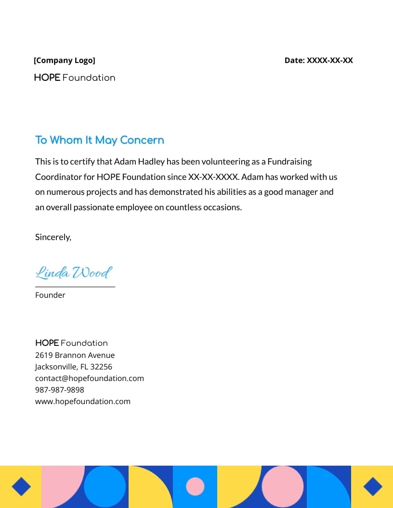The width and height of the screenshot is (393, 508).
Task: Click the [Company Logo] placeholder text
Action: pos(65,61)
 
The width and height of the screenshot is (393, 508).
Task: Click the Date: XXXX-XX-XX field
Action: pos(318,61)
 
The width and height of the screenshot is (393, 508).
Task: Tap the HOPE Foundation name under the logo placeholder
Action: pos(75,78)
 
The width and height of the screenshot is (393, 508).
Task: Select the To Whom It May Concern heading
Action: pos(100,140)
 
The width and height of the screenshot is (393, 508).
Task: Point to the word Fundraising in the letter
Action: pos(289,162)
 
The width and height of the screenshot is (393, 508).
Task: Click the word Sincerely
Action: pos(53,237)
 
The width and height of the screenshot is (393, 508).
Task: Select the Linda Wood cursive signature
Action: pos(74,273)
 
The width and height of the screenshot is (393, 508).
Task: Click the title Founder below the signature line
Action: pos(50,295)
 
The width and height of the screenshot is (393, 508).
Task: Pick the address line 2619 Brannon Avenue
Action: pos(75,356)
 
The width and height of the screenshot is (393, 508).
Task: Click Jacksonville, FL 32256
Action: pos(74,367)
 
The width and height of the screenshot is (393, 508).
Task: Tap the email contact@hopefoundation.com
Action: pos(90,379)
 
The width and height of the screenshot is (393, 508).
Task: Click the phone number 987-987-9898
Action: pos(60,390)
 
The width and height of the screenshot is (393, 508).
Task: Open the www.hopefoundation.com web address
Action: pos(83,402)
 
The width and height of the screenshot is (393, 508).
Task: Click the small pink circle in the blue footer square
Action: pos(195,486)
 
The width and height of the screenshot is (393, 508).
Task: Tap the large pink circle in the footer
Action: pos(282,486)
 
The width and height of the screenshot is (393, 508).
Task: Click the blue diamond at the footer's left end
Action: pos(20,487)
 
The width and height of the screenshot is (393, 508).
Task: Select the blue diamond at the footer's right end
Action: pos(372,487)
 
